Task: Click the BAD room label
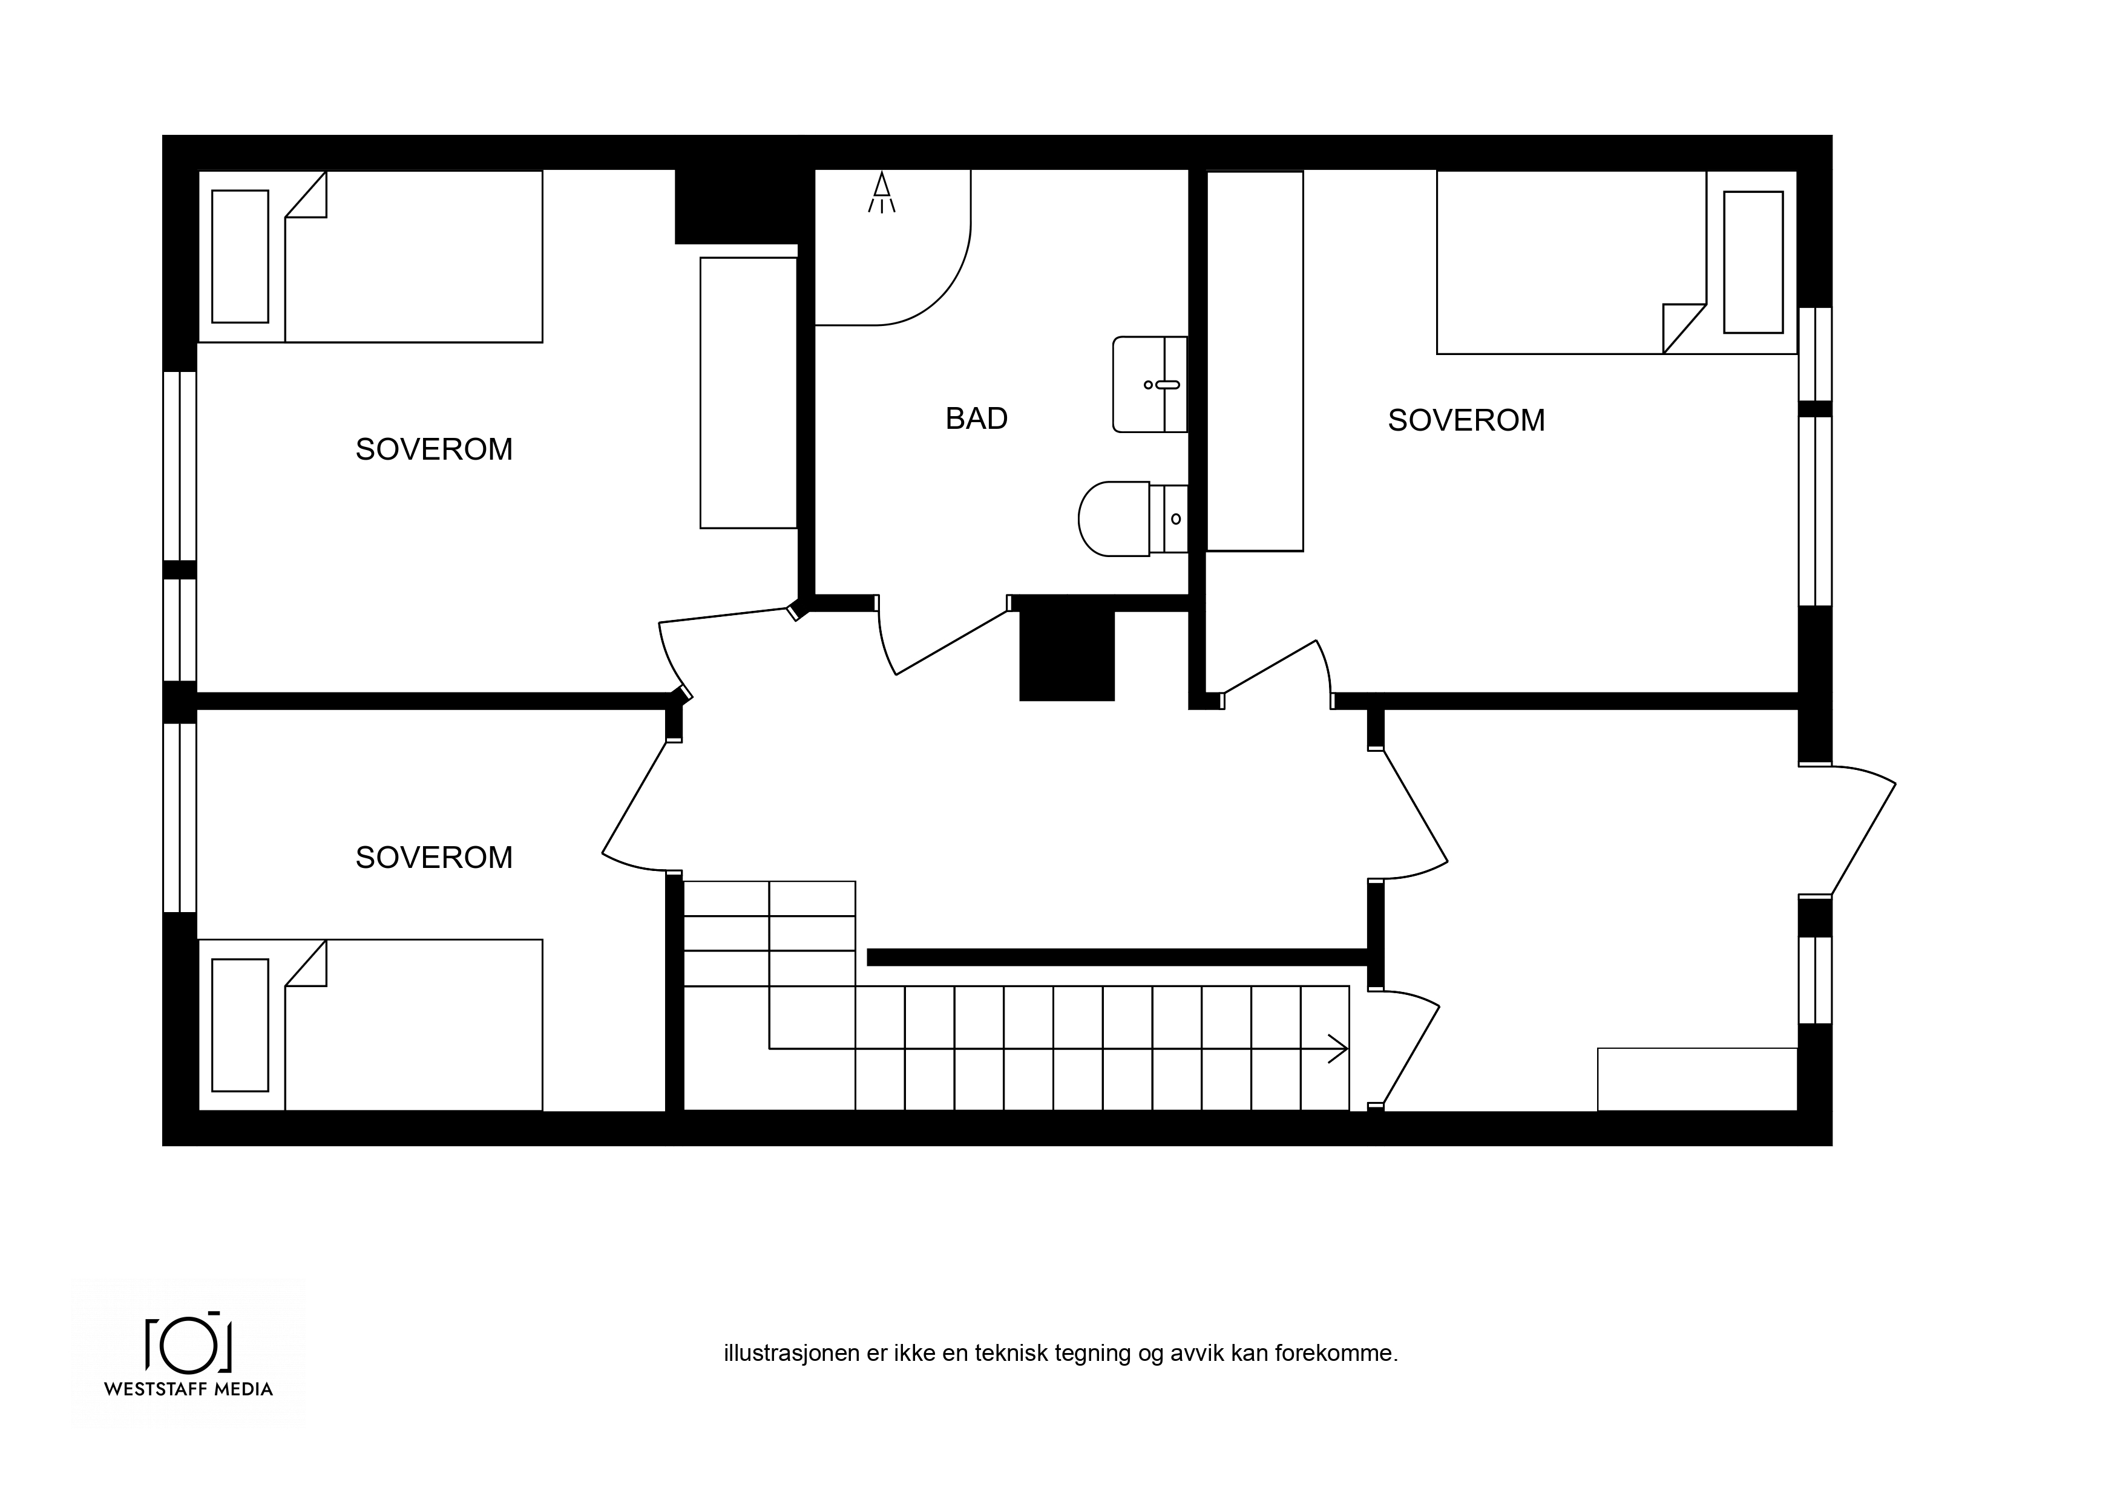pos(976,419)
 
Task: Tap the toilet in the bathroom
pos(1133,518)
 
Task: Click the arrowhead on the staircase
pos(1339,1048)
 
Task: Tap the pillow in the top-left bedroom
pos(240,257)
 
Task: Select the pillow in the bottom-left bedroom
pos(240,1025)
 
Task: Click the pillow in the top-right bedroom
pos(1753,262)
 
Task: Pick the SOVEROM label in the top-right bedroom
pos(1466,420)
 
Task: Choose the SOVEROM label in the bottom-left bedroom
pos(434,858)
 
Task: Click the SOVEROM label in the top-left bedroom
pos(434,449)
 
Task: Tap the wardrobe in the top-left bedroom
pos(749,393)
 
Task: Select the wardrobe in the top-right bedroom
pos(1255,361)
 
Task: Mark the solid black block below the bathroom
pos(1067,656)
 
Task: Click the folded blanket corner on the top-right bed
pos(1684,328)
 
